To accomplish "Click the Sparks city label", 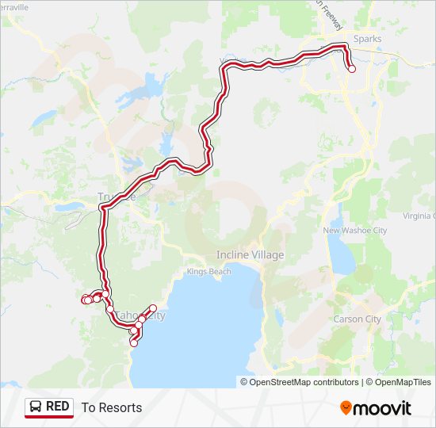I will pos(368,39).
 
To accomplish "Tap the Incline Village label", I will pos(250,255).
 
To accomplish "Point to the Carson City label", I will pos(358,319).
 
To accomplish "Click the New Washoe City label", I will pos(354,231).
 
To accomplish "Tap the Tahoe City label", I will pos(146,315).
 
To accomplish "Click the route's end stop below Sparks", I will pos(352,69).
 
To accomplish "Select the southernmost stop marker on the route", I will pos(134,343).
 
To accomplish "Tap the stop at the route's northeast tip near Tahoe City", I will pos(153,308).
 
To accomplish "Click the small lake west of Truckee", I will pos(67,207).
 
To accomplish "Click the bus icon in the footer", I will pos(36,407).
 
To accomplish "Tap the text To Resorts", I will pos(112,407).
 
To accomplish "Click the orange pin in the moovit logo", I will pos(346,407).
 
